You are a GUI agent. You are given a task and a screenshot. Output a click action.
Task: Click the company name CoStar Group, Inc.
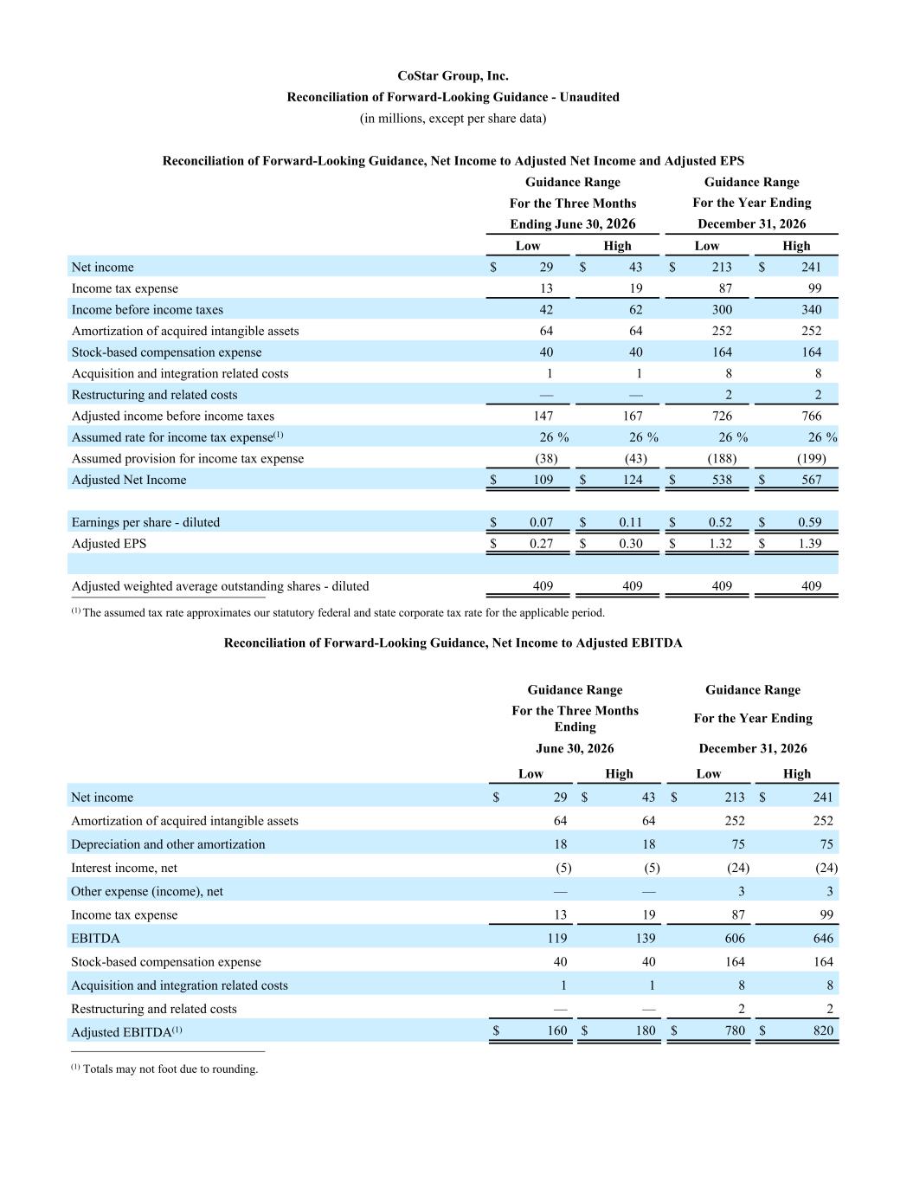pyautogui.click(x=453, y=75)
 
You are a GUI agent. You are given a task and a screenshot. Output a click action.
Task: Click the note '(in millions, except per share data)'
pyautogui.click(x=453, y=118)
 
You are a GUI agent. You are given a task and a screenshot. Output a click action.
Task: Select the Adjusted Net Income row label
pyautogui.click(x=129, y=480)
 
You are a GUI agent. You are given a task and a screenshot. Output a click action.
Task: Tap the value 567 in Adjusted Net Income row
pyautogui.click(x=811, y=480)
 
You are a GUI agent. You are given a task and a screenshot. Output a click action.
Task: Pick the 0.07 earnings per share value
pyautogui.click(x=541, y=522)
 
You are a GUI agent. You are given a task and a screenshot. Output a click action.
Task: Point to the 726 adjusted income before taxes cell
pyautogui.click(x=722, y=416)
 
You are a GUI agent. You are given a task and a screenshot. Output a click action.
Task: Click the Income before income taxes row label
pyautogui.click(x=147, y=309)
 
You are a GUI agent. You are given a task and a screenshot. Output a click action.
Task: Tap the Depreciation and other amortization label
pyautogui.click(x=168, y=844)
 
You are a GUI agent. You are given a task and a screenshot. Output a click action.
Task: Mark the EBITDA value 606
pyautogui.click(x=732, y=938)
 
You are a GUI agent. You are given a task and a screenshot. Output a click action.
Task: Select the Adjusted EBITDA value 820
pyautogui.click(x=823, y=1030)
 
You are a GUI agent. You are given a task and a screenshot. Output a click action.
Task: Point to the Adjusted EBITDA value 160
pyautogui.click(x=556, y=1030)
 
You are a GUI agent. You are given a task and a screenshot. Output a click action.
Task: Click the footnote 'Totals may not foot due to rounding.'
pyautogui.click(x=170, y=1069)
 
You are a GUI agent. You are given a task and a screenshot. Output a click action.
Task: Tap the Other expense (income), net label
pyautogui.click(x=147, y=891)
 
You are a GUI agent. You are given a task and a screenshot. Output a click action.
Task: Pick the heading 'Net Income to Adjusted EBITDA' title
pyautogui.click(x=453, y=643)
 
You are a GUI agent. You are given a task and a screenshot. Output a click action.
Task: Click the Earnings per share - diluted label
pyautogui.click(x=145, y=522)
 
